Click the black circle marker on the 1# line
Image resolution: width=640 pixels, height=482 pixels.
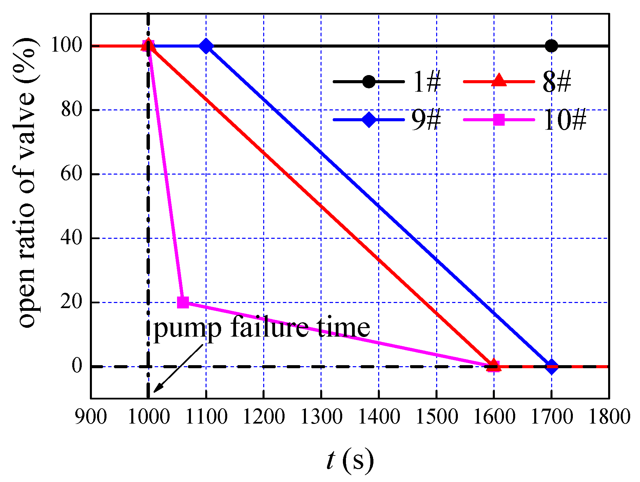[551, 46]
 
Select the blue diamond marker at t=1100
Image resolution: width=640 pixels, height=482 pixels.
[206, 46]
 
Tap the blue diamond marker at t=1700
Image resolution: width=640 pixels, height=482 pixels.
[552, 367]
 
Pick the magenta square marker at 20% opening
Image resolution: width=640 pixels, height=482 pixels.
[183, 302]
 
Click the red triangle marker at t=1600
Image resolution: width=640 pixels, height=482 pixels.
[494, 365]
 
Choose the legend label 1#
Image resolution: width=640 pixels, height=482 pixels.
[426, 82]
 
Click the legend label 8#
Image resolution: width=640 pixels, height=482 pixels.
[557, 82]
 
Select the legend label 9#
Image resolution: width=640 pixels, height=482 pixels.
[426, 120]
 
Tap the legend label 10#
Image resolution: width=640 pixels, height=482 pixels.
[564, 120]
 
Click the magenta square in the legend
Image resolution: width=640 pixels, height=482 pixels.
[499, 120]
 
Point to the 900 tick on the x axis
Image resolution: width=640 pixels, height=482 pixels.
[91, 416]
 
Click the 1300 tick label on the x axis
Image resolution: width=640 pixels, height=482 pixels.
[321, 416]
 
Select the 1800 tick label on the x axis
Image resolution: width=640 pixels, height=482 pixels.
[609, 416]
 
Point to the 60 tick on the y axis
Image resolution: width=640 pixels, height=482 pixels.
[72, 174]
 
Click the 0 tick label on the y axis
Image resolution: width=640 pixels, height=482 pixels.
[77, 366]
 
